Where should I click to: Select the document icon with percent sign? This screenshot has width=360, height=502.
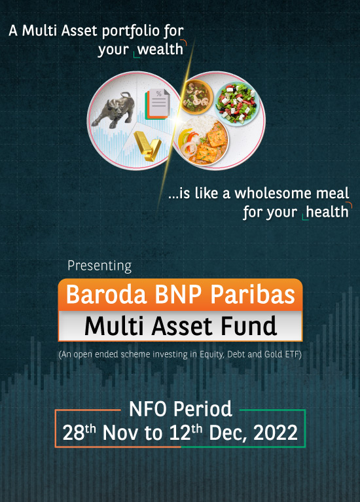click(158, 103)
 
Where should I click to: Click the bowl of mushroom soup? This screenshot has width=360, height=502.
click(196, 97)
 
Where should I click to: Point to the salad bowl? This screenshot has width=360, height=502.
click(237, 103)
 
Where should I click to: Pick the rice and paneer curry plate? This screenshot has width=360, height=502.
click(203, 140)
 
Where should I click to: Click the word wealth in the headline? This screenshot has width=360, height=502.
click(160, 49)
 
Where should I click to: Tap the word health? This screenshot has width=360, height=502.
click(327, 211)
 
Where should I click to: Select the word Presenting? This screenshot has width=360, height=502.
click(99, 266)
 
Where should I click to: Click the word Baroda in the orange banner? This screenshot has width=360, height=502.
click(106, 295)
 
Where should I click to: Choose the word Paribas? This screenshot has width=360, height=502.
click(253, 295)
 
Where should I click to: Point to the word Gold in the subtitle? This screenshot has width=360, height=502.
click(273, 354)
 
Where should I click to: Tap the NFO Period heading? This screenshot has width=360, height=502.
click(180, 409)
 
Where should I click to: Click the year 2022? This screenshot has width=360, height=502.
click(276, 433)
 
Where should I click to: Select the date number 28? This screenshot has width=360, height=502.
click(73, 433)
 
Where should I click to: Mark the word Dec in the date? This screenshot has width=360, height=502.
click(227, 433)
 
